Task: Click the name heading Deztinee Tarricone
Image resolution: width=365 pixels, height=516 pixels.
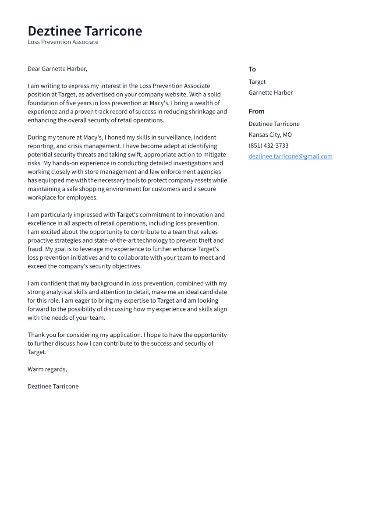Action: pyautogui.click(x=85, y=31)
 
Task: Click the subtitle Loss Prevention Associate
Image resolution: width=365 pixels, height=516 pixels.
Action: pyautogui.click(x=63, y=42)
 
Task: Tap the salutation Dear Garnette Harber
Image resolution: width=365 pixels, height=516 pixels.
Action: pyautogui.click(x=57, y=69)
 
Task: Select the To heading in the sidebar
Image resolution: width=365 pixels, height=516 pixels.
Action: pyautogui.click(x=252, y=69)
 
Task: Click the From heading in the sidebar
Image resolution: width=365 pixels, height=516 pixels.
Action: pyautogui.click(x=256, y=111)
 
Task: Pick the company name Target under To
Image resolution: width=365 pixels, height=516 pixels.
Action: pyautogui.click(x=257, y=82)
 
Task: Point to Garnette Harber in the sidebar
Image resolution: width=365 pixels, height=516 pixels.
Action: pyautogui.click(x=270, y=93)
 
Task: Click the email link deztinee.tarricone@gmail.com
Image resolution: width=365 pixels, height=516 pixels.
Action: pyautogui.click(x=290, y=156)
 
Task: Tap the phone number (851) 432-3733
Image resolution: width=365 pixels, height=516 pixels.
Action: pyautogui.click(x=268, y=145)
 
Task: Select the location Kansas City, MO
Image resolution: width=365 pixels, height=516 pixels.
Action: pyautogui.click(x=270, y=134)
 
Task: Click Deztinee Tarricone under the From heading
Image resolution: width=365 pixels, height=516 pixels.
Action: pyautogui.click(x=274, y=124)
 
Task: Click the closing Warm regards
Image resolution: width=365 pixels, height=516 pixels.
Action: pyautogui.click(x=47, y=369)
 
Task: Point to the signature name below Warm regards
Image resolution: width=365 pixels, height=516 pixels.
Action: pyautogui.click(x=53, y=386)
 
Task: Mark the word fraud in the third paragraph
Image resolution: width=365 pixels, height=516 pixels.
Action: pyautogui.click(x=35, y=249)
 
